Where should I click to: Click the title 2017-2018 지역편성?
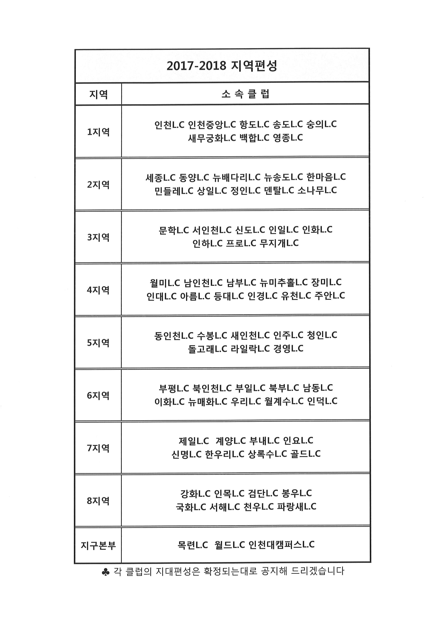[x=222, y=66]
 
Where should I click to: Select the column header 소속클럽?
[x=245, y=94]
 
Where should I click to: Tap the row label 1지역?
[x=98, y=132]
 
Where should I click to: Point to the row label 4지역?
[x=98, y=290]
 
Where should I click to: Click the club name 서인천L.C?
[x=212, y=230]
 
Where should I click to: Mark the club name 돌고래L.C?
[x=208, y=349]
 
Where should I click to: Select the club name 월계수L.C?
[x=284, y=401]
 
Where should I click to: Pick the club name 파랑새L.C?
[x=297, y=507]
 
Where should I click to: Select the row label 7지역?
[x=98, y=448]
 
